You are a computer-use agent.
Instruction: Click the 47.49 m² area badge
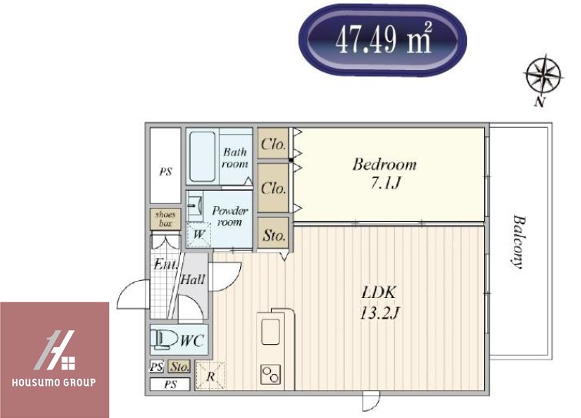(x=382, y=40)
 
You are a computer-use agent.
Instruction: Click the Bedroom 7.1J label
(x=385, y=173)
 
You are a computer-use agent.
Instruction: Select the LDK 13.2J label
(x=379, y=303)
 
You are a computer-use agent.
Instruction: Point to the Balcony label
(x=518, y=242)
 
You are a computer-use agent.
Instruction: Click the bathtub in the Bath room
(x=202, y=156)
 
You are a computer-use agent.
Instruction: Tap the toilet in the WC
(x=164, y=339)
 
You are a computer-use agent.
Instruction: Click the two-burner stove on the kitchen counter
(x=270, y=375)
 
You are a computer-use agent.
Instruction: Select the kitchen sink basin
(x=270, y=332)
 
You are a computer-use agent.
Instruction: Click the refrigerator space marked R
(x=210, y=376)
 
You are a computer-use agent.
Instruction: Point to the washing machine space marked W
(x=199, y=235)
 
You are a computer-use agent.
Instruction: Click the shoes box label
(x=165, y=219)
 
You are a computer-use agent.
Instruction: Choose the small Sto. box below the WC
(x=179, y=366)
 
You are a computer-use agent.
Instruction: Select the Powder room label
(x=230, y=216)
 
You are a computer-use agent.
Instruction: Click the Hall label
(x=192, y=279)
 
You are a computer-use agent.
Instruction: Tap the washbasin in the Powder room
(x=195, y=206)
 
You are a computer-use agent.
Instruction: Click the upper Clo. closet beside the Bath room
(x=273, y=144)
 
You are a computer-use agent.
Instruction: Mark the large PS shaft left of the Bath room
(x=165, y=166)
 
